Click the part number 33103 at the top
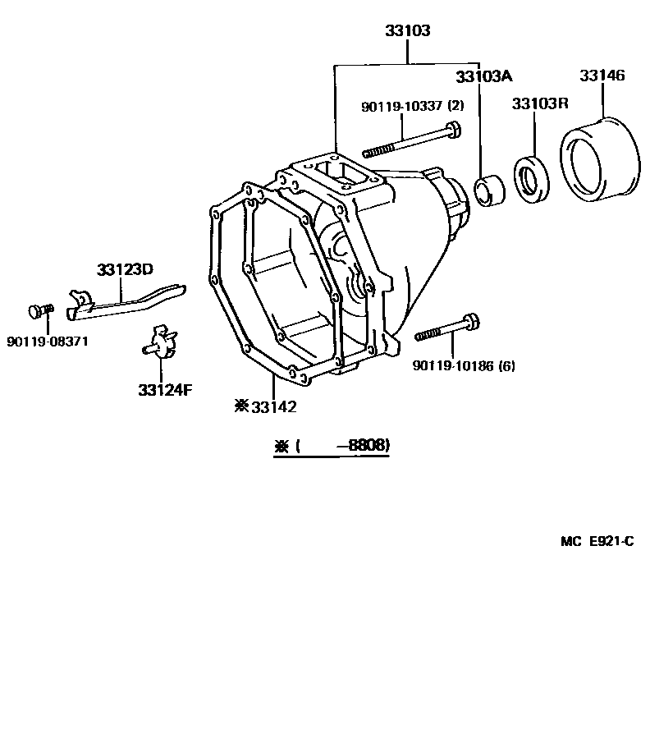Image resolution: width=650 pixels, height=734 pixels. (x=408, y=31)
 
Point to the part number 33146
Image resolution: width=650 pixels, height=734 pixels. (x=602, y=76)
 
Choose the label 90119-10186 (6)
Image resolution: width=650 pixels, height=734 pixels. (x=464, y=366)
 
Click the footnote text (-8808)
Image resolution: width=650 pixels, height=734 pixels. (x=332, y=446)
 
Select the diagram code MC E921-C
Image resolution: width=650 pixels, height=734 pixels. (x=597, y=541)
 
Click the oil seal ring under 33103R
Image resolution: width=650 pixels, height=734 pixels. (x=530, y=178)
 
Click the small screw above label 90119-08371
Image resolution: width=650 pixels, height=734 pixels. (x=39, y=311)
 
